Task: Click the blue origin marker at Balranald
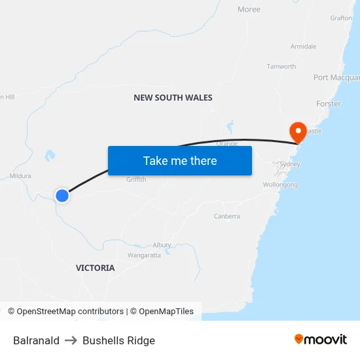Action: [x=62, y=195]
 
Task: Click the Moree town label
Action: [x=249, y=10]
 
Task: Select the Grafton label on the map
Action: [x=341, y=18]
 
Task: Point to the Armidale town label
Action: [x=303, y=46]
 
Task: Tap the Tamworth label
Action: [x=281, y=67]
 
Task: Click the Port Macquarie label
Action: [x=336, y=78]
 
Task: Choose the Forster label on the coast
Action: [x=329, y=104]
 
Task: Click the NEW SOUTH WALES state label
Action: [x=173, y=98]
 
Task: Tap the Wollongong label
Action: [x=281, y=185]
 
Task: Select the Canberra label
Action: [x=227, y=216]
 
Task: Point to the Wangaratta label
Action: [x=144, y=255]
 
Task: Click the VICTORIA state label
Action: [x=95, y=268]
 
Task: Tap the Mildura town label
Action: [x=20, y=176]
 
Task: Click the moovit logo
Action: [x=321, y=340]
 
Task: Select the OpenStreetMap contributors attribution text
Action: [x=65, y=312]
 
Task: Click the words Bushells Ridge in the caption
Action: [x=118, y=340]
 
